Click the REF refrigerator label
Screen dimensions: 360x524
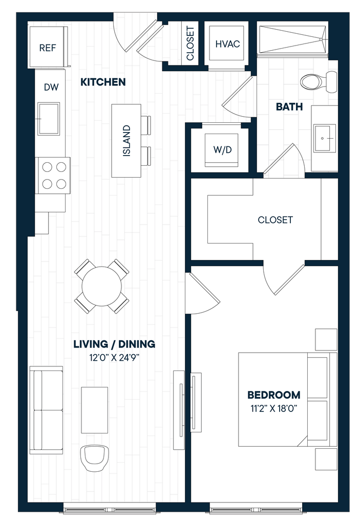click(x=48, y=48)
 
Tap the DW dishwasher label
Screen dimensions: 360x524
click(x=51, y=87)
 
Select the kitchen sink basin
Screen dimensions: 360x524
click(x=49, y=119)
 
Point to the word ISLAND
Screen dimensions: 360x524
click(x=126, y=141)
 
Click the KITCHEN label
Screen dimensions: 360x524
click(x=103, y=82)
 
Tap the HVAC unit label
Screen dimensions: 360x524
click(x=227, y=44)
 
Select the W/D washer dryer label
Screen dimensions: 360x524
click(x=222, y=149)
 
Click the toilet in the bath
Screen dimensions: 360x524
click(x=319, y=81)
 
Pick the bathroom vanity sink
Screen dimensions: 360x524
click(x=325, y=138)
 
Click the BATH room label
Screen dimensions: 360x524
click(x=289, y=106)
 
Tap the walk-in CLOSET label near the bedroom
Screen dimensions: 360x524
click(x=275, y=220)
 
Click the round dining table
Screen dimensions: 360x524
click(x=102, y=286)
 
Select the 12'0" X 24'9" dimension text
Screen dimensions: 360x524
click(x=114, y=358)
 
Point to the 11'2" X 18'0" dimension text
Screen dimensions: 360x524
click(x=274, y=408)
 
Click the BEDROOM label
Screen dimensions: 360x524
click(x=273, y=395)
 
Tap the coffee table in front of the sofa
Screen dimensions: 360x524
click(x=94, y=410)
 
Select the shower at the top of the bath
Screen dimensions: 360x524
click(x=292, y=39)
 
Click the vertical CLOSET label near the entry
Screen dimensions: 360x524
click(x=190, y=43)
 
